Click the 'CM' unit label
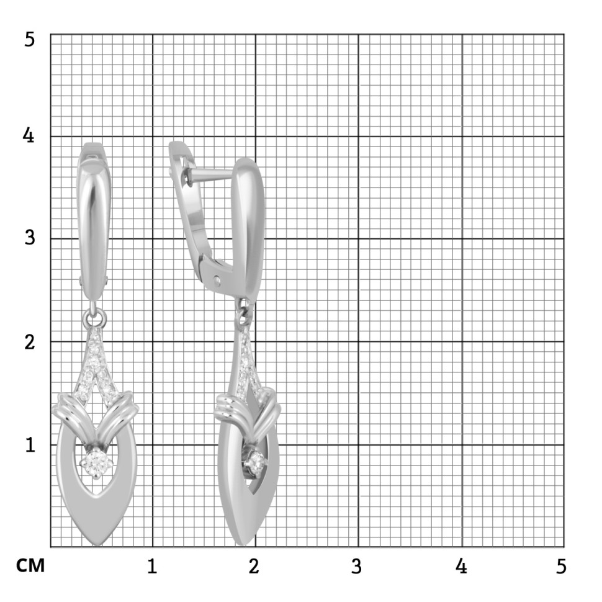[30, 565]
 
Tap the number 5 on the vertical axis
[30, 40]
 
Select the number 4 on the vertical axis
[29, 135]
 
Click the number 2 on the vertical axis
[30, 341]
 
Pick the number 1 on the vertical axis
[30, 444]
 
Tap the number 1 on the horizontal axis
[152, 566]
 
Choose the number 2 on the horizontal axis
[254, 566]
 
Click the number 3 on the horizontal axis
[357, 566]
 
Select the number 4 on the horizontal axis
[461, 566]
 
